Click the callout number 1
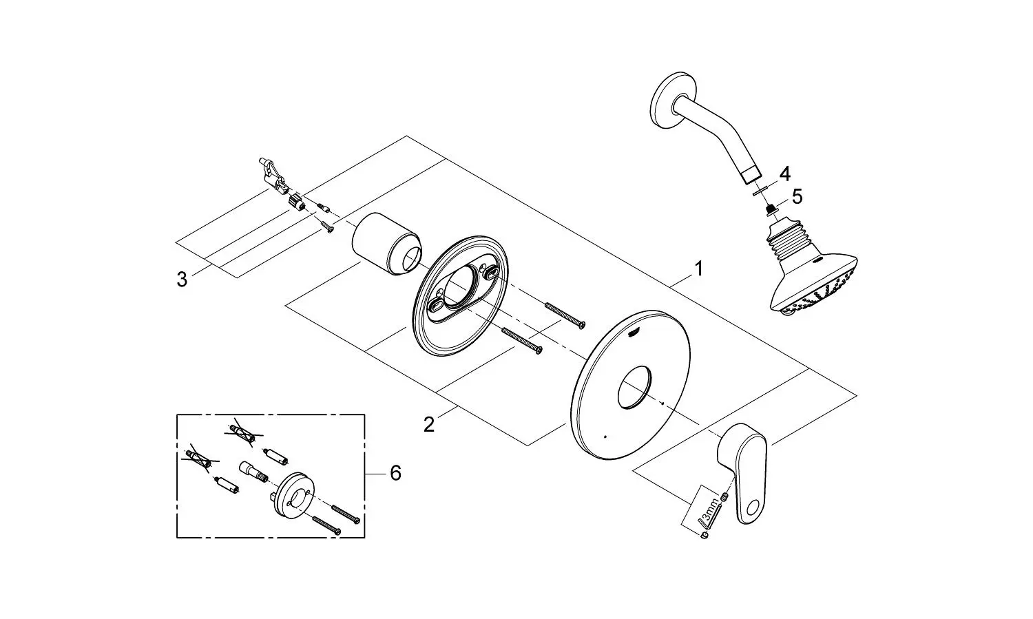pos(699,269)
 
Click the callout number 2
pos(429,425)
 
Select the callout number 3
pos(182,280)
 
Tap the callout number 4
pos(785,174)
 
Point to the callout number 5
pos(797,197)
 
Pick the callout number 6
pos(396,473)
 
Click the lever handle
pos(742,472)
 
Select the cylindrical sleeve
pos(386,244)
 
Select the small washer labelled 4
pos(760,191)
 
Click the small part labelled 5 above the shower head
pos(769,210)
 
